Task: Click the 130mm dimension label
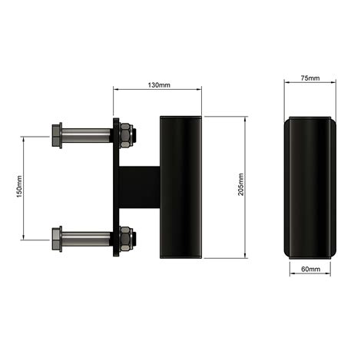click(x=158, y=84)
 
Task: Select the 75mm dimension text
click(x=310, y=79)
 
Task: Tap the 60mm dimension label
click(x=310, y=270)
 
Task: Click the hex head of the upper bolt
click(x=56, y=137)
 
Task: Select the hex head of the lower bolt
click(x=56, y=239)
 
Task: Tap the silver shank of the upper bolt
click(x=86, y=137)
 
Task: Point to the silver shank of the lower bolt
click(x=86, y=239)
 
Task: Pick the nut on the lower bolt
click(x=125, y=239)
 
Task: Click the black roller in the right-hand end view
click(x=310, y=188)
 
